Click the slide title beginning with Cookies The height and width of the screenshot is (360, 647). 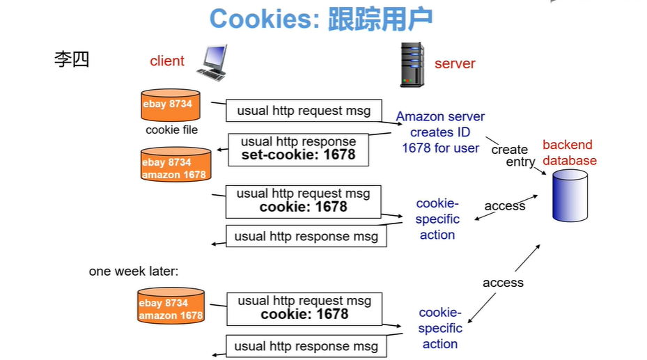[321, 19]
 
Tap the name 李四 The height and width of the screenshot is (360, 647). [72, 59]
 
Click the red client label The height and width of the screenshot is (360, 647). [167, 61]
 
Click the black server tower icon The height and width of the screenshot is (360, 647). [412, 64]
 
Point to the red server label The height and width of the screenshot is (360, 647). [455, 63]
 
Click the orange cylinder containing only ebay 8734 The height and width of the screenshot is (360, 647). [167, 106]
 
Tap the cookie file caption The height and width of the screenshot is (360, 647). [171, 130]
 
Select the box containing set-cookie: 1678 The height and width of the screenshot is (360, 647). [298, 148]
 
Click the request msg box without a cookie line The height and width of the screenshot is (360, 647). [304, 111]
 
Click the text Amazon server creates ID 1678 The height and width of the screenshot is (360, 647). [440, 132]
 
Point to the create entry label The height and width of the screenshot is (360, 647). [510, 155]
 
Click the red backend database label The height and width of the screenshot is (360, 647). [569, 152]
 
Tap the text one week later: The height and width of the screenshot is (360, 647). [134, 271]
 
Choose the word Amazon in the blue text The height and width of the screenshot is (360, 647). [420, 116]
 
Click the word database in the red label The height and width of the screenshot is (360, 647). [570, 161]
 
